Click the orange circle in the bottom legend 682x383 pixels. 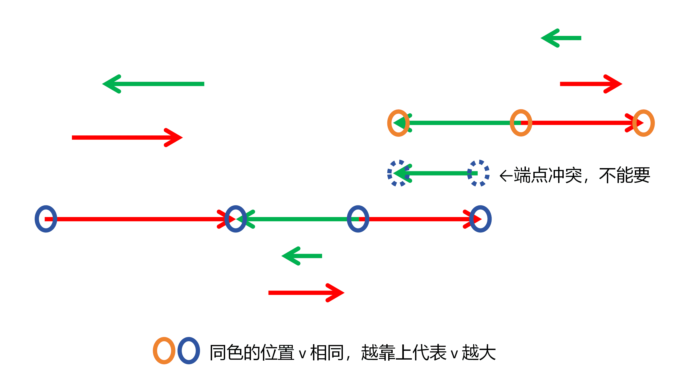(164, 351)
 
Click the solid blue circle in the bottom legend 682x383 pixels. (189, 351)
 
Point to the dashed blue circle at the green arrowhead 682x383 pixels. (399, 173)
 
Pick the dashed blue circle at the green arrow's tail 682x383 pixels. (478, 173)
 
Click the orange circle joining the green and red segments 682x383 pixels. (521, 123)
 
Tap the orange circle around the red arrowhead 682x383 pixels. (643, 123)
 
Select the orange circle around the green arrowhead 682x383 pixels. (398, 123)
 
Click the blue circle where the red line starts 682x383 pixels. (46, 219)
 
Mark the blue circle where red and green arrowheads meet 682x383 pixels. (236, 219)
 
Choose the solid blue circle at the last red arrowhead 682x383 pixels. (480, 219)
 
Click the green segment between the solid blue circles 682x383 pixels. (297, 219)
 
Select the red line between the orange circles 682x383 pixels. (578, 123)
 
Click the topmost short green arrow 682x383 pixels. (561, 38)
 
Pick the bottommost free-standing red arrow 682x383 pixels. (306, 293)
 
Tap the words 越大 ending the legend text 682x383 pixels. (479, 353)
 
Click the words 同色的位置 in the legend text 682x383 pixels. (252, 353)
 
